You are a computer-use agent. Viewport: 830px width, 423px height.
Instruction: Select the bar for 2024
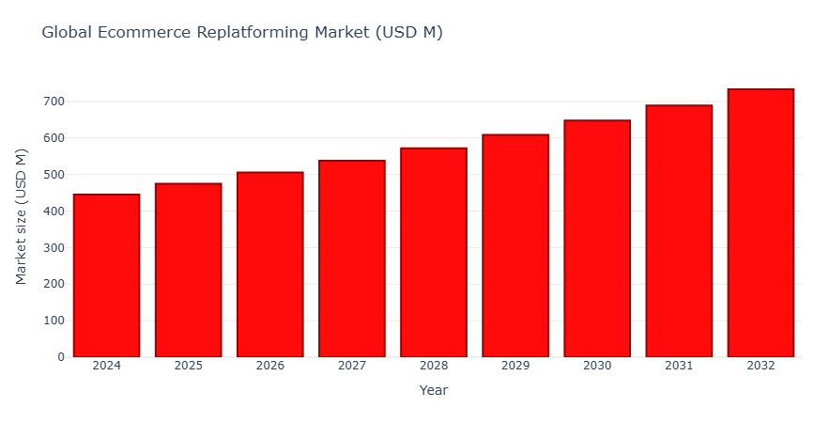[106, 275]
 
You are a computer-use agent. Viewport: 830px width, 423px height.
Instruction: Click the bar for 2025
[188, 271]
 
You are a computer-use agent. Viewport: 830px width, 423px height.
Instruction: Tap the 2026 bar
[269, 265]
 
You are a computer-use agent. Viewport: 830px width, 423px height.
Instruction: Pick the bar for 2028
[434, 253]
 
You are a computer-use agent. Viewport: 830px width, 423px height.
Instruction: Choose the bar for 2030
[597, 239]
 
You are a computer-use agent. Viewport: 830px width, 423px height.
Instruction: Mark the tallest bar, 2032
[761, 223]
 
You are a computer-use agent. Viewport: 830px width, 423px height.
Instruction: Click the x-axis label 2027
[351, 366]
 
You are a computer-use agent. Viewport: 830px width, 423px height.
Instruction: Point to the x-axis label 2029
[515, 366]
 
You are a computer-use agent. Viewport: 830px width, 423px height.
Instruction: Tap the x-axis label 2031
[679, 366]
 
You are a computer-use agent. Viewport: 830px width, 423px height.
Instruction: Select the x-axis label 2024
[106, 366]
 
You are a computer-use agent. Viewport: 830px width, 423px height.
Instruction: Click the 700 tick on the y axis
[54, 102]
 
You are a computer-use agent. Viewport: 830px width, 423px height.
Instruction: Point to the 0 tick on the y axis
[61, 357]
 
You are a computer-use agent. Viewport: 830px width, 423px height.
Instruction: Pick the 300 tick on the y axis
[54, 248]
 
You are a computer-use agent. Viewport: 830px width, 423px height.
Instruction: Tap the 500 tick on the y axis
[54, 175]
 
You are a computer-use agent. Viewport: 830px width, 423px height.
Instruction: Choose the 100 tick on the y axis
[54, 321]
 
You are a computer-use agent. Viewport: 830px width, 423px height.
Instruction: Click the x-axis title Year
[434, 390]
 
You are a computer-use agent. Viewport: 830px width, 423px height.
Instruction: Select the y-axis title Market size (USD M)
[22, 216]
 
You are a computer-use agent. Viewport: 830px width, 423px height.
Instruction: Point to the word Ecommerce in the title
[148, 33]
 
